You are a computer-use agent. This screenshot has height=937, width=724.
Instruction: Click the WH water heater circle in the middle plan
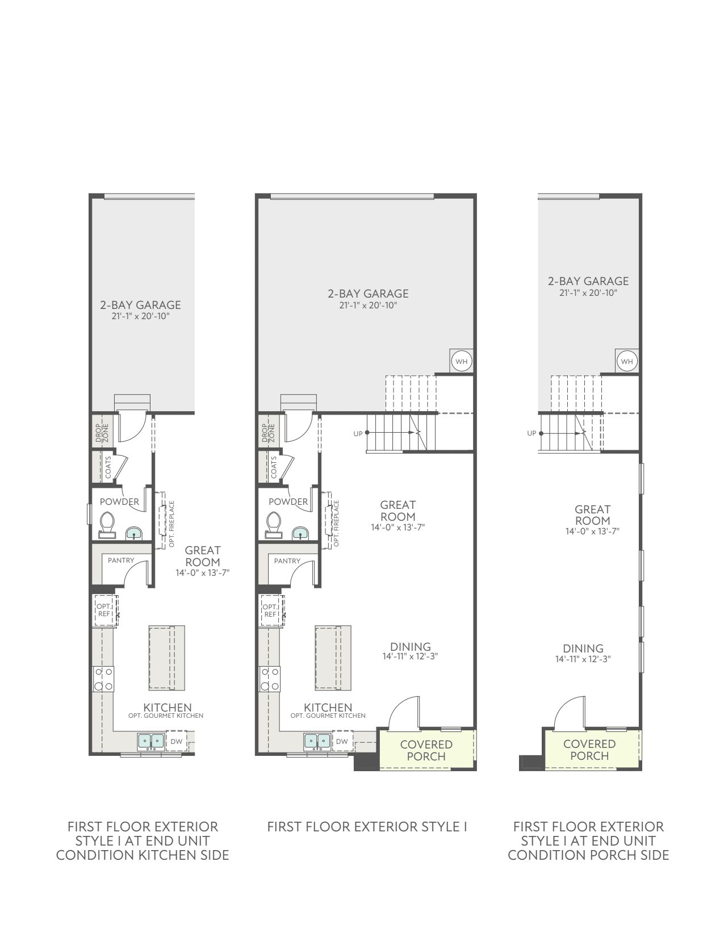point(461,361)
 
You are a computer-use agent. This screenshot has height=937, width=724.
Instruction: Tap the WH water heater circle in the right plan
point(626,361)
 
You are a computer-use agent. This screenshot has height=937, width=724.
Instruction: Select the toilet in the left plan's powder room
point(107,525)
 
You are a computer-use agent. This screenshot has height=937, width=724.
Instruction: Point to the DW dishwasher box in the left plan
point(177,741)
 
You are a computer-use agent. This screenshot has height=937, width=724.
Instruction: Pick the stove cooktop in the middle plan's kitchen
point(270,679)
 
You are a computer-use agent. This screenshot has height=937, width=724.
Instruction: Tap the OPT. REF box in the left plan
point(105,610)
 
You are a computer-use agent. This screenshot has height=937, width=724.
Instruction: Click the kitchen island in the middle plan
point(333,658)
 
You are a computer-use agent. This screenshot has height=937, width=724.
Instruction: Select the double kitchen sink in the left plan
point(151,741)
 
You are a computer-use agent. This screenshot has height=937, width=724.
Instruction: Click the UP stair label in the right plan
point(532,433)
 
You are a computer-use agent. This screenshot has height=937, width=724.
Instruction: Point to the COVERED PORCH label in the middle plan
point(426,750)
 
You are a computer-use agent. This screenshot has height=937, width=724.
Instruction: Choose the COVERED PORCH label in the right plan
point(589,750)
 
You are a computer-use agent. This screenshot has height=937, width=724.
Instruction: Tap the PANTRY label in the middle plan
point(287,561)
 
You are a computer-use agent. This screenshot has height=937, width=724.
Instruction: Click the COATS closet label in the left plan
point(108,467)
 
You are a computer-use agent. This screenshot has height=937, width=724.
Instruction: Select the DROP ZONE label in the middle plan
point(268,433)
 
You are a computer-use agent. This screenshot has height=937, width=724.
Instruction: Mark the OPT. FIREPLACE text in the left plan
point(171,524)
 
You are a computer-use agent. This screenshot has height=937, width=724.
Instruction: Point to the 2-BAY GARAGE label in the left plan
point(141,305)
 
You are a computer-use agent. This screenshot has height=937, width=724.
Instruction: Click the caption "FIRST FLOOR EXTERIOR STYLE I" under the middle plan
point(367,827)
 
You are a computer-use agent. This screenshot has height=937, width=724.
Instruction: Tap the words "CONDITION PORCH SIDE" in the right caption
point(589,855)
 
